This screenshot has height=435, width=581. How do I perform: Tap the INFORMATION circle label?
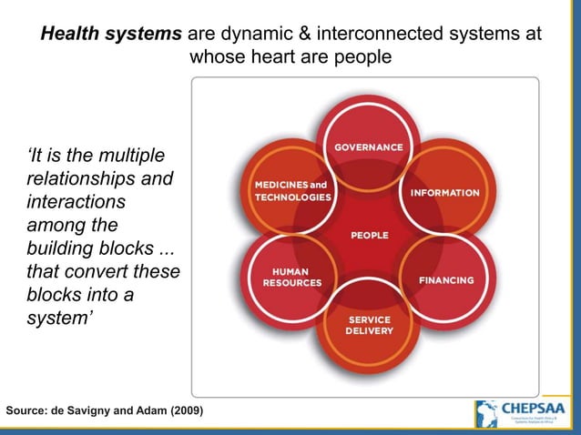point(444,193)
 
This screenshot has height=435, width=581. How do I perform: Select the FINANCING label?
point(446,280)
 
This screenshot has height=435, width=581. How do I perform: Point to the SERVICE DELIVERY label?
point(369,326)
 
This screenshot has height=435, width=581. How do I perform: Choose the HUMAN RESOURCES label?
point(292,277)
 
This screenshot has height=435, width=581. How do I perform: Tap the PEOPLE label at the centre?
point(370,236)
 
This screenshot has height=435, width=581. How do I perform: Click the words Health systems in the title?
point(111,34)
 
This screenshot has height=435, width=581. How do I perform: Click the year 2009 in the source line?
point(184,411)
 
